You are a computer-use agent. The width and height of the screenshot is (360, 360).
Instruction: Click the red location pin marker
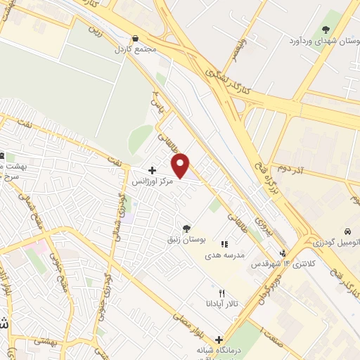point(181,165)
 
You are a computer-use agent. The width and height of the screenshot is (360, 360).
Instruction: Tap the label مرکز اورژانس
point(155,181)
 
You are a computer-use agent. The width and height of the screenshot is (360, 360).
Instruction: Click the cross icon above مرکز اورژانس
point(152,170)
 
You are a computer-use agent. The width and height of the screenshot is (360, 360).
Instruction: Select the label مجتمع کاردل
point(136,51)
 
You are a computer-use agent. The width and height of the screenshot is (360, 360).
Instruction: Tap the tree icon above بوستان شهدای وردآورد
point(325,29)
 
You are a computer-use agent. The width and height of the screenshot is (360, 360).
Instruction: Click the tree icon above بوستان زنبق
point(186,228)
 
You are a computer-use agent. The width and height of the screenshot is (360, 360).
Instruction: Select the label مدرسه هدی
point(224,255)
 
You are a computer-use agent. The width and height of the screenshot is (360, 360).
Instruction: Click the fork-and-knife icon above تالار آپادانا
point(221,292)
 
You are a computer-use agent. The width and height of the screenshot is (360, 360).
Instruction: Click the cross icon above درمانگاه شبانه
point(219,339)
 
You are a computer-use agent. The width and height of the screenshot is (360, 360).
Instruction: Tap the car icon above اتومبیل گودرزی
point(347,231)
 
